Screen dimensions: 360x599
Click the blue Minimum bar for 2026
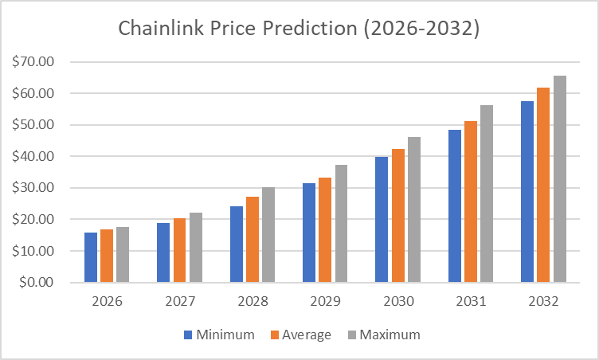(x=91, y=257)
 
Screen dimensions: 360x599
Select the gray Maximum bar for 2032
(x=560, y=179)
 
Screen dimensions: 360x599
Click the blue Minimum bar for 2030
(x=382, y=220)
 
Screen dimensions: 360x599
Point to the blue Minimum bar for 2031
(x=455, y=206)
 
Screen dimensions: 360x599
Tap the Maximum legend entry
(x=382, y=335)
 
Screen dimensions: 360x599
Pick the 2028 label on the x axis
(x=253, y=303)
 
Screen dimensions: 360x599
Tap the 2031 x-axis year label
(x=471, y=303)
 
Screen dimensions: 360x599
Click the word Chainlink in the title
(x=158, y=29)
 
